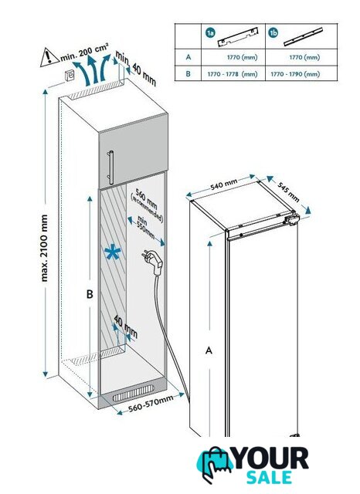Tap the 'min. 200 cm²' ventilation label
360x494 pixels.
tap(84, 52)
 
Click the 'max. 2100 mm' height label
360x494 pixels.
tap(44, 248)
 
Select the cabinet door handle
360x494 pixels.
tap(111, 167)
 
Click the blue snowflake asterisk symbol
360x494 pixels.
tap(113, 253)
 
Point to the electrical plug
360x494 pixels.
tap(154, 261)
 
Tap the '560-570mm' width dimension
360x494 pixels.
tap(151, 404)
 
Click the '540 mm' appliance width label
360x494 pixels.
tap(224, 184)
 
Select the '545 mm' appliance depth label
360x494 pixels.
tap(288, 192)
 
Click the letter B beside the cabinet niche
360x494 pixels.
tap(90, 294)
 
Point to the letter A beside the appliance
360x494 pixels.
tap(209, 350)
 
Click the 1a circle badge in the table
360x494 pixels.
tap(210, 32)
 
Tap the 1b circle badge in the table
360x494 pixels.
tap(273, 32)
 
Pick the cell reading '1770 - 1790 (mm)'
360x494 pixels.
tap(295, 74)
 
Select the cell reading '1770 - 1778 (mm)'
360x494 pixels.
tap(233, 74)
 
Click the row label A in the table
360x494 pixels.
tap(188, 57)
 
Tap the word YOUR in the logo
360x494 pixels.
tap(271, 458)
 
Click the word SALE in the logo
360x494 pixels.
tap(269, 477)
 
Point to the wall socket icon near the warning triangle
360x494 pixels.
tap(70, 76)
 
